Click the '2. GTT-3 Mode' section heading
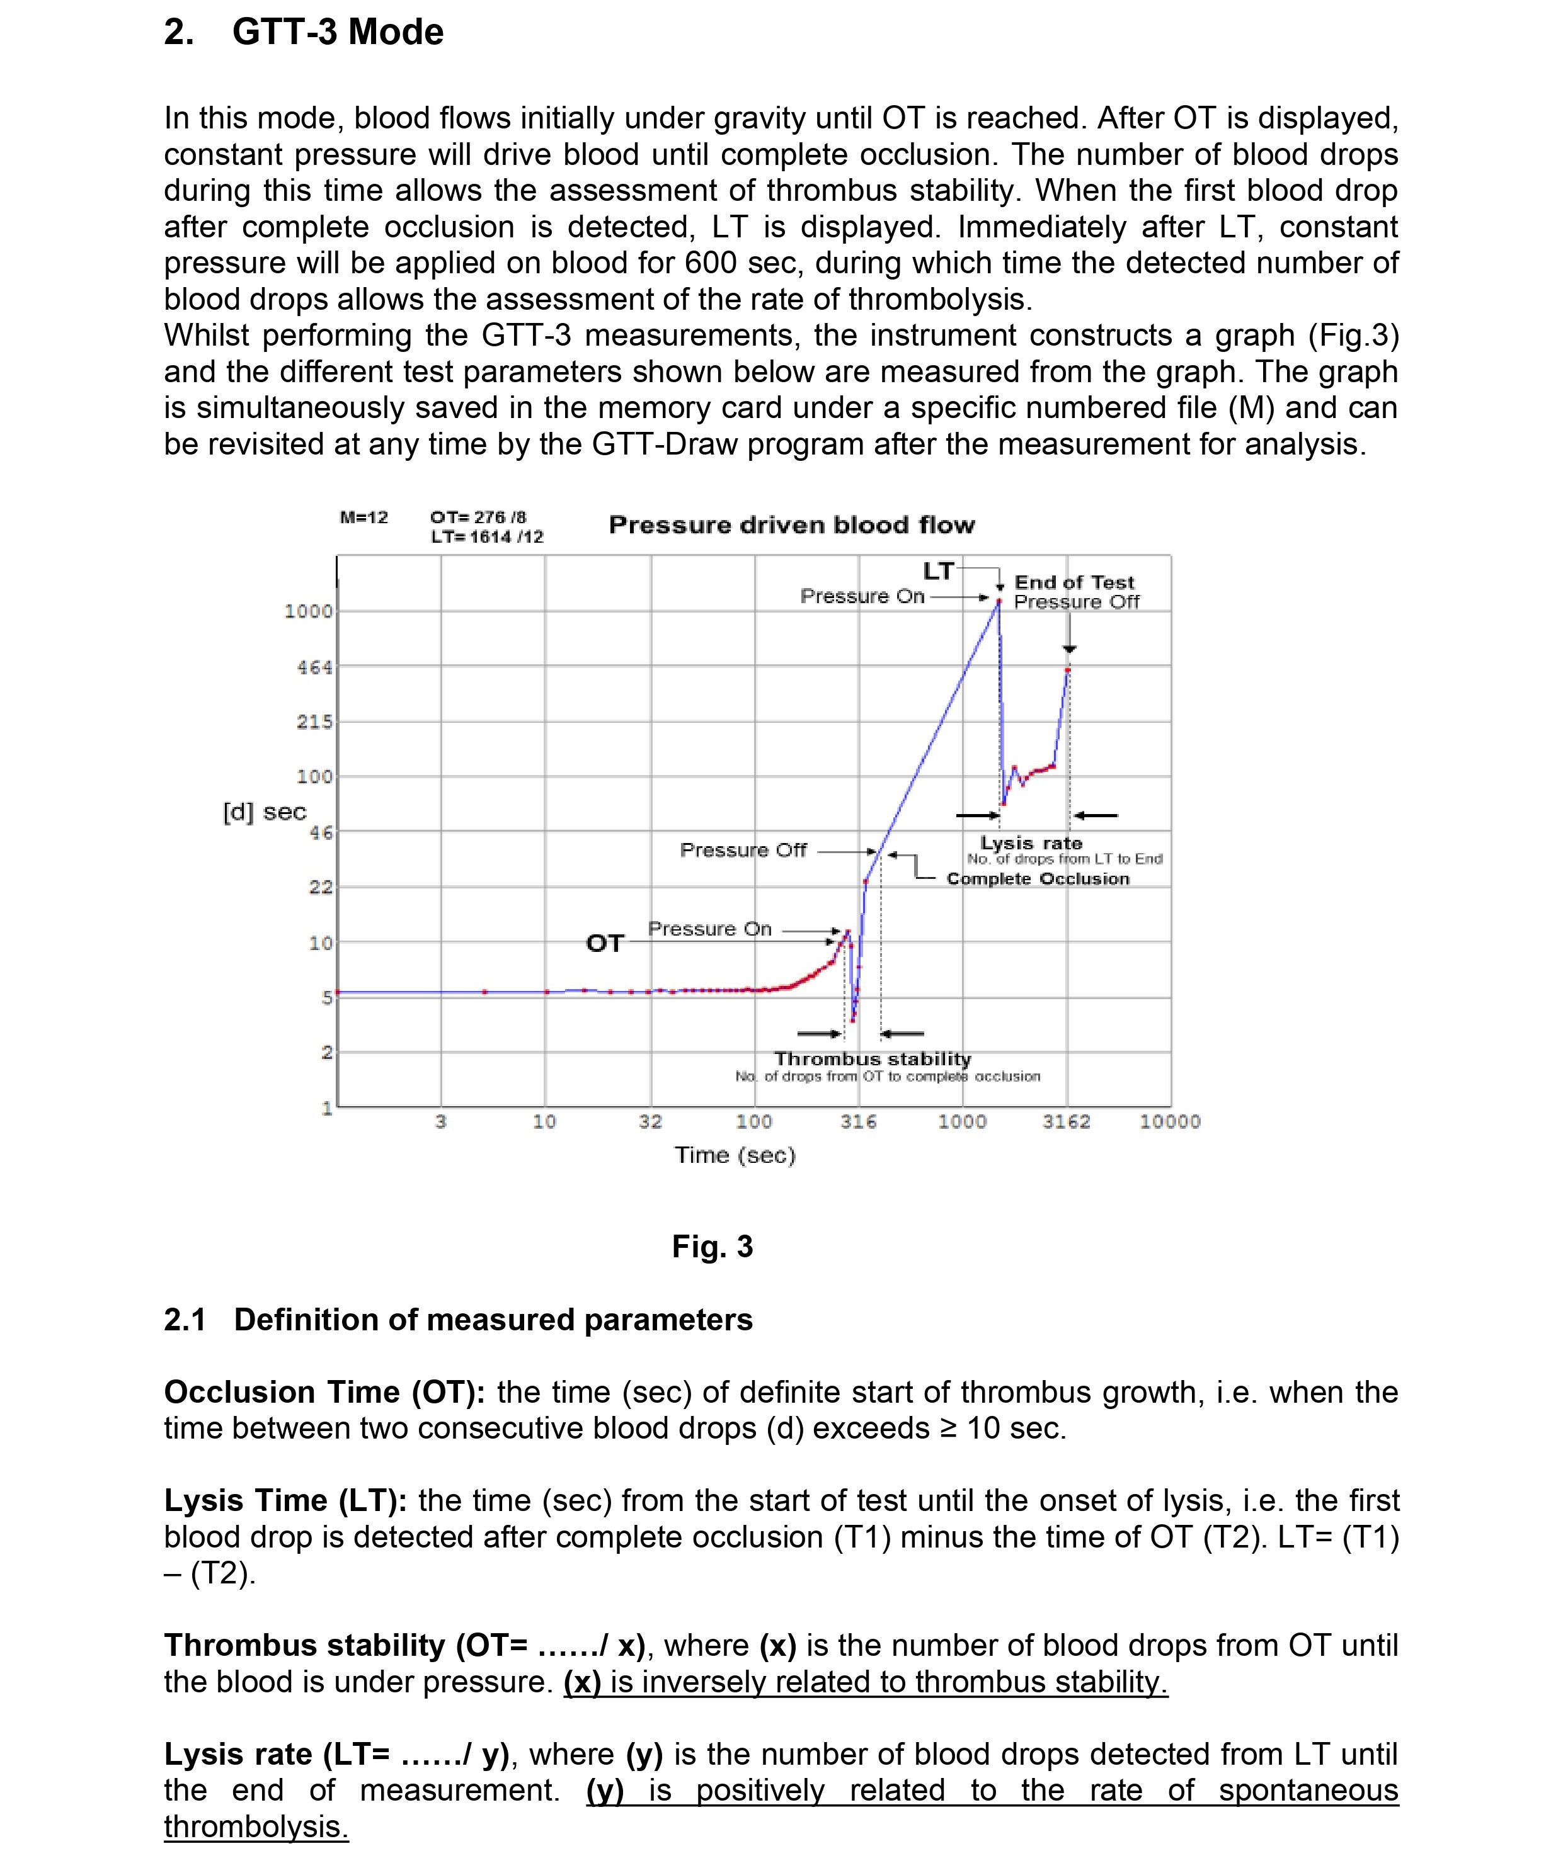[303, 33]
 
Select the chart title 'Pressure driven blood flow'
[791, 525]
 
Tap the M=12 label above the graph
[364, 518]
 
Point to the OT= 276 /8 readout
[478, 518]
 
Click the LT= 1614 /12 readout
[486, 536]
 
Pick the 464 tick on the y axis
[314, 667]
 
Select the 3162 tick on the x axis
[1066, 1121]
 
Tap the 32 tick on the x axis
[650, 1121]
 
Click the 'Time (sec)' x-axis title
[735, 1155]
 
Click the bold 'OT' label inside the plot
[604, 943]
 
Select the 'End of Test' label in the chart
[1074, 582]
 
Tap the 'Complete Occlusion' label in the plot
[1038, 878]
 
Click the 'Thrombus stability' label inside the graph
[872, 1058]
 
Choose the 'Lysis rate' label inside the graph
[1031, 842]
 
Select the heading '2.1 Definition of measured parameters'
[458, 1319]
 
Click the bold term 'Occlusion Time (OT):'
[324, 1391]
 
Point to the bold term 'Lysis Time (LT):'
[285, 1500]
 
